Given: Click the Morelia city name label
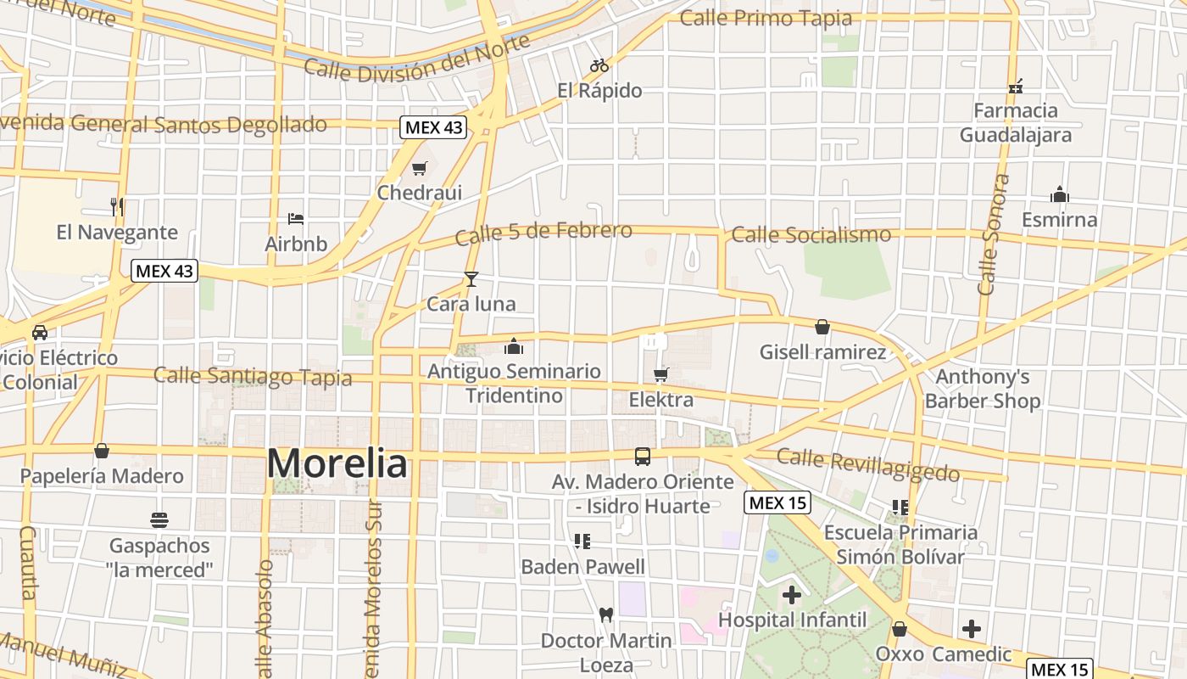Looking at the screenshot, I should (337, 464).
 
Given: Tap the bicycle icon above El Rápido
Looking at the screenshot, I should (599, 65).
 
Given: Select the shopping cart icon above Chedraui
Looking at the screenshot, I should (419, 169).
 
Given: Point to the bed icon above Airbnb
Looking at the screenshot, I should (296, 219).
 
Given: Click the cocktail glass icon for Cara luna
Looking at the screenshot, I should (471, 279).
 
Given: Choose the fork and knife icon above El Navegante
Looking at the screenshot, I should (117, 206).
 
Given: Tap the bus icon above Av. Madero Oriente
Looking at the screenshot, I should (643, 457).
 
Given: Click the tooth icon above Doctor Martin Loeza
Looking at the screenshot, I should (605, 614).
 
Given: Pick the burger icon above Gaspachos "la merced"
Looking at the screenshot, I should (159, 519).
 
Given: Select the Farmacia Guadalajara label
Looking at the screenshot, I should (1015, 122).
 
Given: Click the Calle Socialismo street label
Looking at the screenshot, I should (811, 234).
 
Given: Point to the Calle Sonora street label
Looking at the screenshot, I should (994, 235).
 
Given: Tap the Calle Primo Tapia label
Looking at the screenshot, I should (766, 18).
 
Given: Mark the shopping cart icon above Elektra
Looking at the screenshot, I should (661, 374).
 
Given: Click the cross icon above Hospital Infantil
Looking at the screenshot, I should (792, 595).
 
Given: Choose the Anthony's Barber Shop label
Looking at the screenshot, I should (982, 389).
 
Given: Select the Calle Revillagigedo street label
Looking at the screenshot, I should (867, 464).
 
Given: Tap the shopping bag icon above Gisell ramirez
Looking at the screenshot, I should (822, 327).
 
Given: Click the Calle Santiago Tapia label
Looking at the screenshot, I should (252, 376).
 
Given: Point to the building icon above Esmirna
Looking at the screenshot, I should (1059, 195).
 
